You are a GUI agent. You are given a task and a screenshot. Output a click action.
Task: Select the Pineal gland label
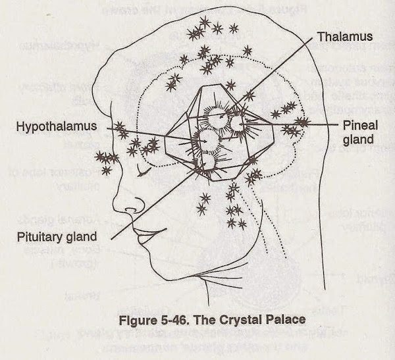coord(359,131)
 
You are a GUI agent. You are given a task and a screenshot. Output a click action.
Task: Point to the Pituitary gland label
coord(58,235)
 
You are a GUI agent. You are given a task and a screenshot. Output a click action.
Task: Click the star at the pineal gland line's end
coord(301,121)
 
